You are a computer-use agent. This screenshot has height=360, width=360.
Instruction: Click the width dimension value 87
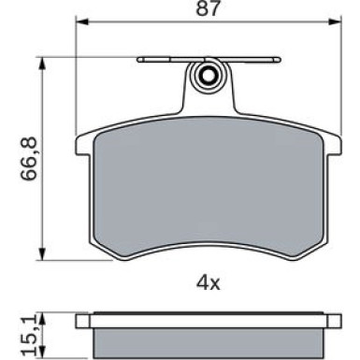[x=208, y=8]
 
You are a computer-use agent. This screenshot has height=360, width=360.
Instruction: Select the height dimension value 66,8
[x=29, y=159]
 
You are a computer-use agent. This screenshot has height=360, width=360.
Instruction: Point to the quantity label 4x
[x=208, y=283]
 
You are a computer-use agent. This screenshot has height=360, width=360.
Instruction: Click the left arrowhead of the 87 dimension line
[x=82, y=22]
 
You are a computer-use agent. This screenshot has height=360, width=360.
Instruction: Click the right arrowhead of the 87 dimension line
[x=335, y=22]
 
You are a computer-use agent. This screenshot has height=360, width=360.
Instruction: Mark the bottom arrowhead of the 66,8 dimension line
[x=42, y=253]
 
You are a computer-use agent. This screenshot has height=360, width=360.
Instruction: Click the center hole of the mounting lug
[x=208, y=76]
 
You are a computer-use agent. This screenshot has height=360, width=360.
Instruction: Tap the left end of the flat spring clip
[x=139, y=60]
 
